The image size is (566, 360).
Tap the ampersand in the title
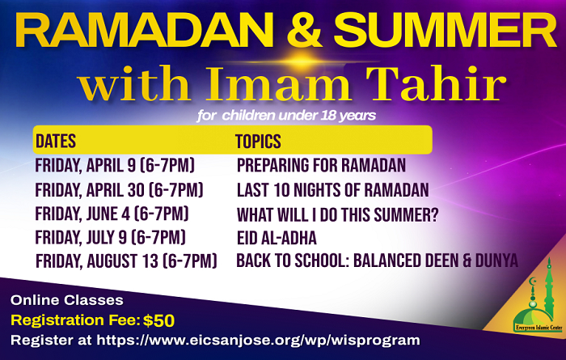(x=304, y=30)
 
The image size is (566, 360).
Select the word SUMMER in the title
(x=446, y=30)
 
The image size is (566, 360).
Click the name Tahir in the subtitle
(x=435, y=83)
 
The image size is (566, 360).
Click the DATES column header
(x=56, y=141)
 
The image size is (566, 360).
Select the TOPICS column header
(x=258, y=141)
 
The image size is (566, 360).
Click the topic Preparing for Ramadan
(x=321, y=165)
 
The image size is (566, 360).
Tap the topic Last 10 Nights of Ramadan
(x=333, y=190)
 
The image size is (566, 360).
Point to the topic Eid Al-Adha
(x=277, y=238)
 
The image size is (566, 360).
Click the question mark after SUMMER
(x=433, y=215)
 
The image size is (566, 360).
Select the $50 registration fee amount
(x=158, y=320)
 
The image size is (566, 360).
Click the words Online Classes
(x=67, y=300)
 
